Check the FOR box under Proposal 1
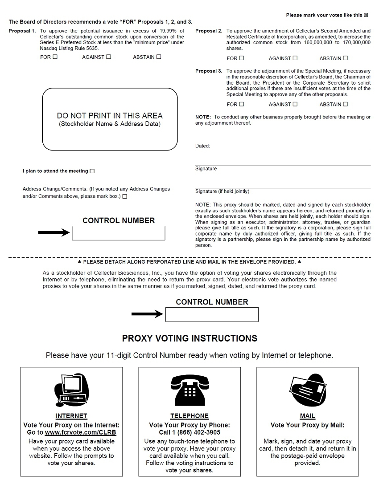click(55, 57)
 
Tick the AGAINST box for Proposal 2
click(295, 58)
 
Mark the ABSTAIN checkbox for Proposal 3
click(346, 104)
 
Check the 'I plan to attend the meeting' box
click(92, 171)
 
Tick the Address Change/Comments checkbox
click(124, 196)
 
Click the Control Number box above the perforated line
click(118, 233)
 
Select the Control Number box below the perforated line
click(212, 314)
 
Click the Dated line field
click(291, 146)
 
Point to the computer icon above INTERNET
click(71, 390)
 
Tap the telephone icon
click(189, 390)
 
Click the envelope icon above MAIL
click(307, 390)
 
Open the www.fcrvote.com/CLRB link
click(80, 432)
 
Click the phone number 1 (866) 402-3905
click(189, 432)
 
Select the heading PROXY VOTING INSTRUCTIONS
click(189, 338)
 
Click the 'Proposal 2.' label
click(209, 31)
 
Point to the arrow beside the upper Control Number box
click(54, 232)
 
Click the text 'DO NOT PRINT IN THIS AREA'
click(110, 116)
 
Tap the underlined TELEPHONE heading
click(189, 416)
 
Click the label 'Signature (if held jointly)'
click(222, 191)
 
